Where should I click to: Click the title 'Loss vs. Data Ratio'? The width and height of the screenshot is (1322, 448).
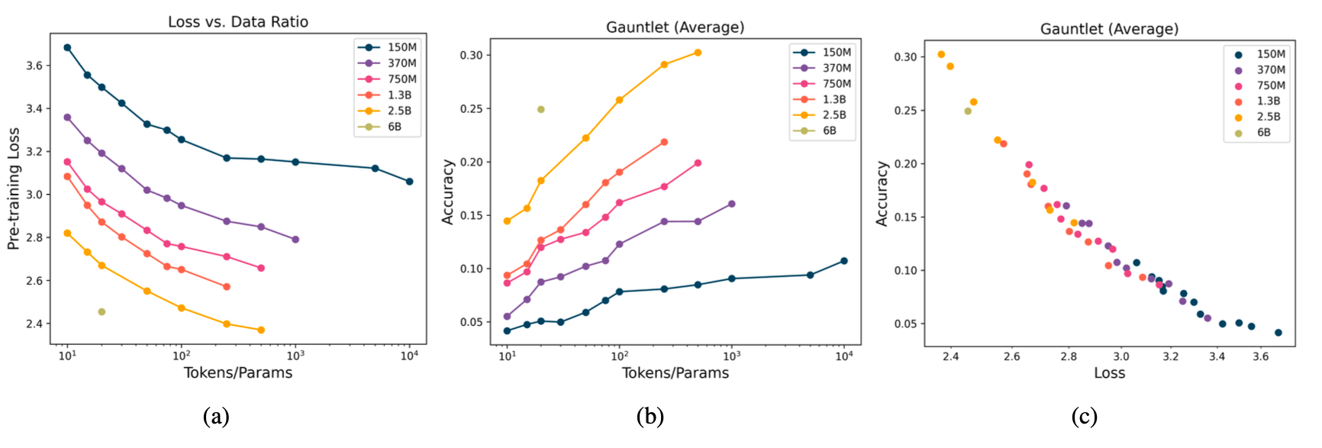click(x=238, y=21)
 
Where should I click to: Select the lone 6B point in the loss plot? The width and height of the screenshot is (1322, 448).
click(x=102, y=311)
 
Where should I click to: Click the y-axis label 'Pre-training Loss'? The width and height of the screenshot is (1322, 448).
click(x=14, y=189)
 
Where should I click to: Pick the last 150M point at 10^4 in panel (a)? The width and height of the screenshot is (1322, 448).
click(x=410, y=182)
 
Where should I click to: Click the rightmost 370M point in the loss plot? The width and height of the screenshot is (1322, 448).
click(x=295, y=240)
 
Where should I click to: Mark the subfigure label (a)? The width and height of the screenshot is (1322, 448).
click(x=216, y=416)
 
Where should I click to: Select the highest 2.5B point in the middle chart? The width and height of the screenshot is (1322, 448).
click(x=698, y=53)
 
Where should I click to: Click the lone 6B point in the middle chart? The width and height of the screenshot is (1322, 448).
click(x=541, y=109)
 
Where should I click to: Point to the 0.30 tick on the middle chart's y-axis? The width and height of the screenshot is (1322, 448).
click(x=471, y=55)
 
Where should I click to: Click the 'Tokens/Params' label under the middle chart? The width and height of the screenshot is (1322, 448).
click(x=676, y=372)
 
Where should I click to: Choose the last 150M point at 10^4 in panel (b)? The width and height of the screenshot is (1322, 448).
click(x=844, y=261)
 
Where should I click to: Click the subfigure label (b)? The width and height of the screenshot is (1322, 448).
click(x=650, y=416)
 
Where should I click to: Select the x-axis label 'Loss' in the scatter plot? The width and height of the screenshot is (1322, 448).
click(x=1109, y=372)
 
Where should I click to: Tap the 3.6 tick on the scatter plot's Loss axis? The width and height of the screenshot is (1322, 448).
click(x=1260, y=356)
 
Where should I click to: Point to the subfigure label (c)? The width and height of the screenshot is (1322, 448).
click(x=1084, y=416)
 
